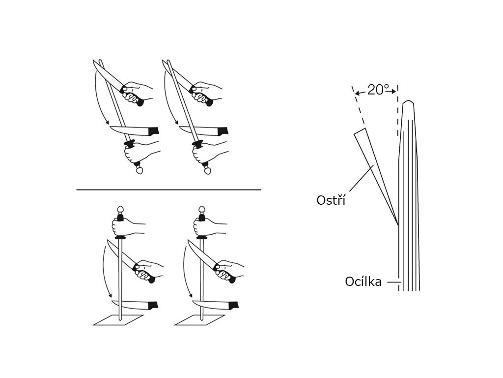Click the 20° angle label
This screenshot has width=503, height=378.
point(378,90)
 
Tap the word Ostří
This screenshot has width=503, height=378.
point(331,200)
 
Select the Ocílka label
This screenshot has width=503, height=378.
point(363,282)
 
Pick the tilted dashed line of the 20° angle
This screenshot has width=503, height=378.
point(359,105)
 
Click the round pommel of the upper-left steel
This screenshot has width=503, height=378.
point(140,170)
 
